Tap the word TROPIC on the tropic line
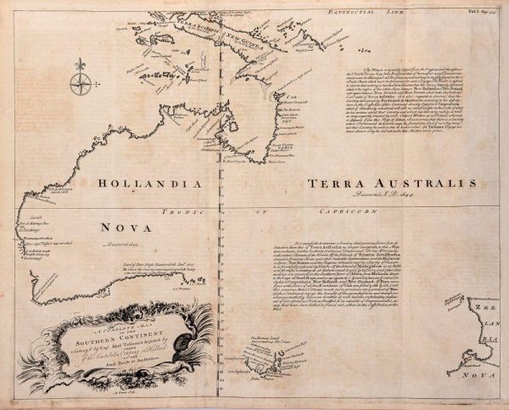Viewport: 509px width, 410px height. [175, 208]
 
